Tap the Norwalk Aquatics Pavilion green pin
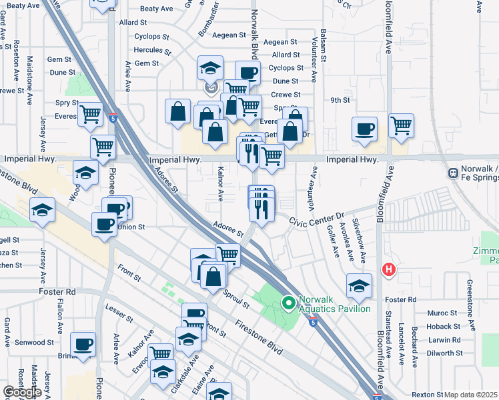288,304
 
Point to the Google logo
21,392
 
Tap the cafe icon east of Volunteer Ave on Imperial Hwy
364,129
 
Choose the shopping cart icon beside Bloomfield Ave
401,125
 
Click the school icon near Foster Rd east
359,286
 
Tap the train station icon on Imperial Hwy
454,172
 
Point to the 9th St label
340,100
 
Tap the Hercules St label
153,50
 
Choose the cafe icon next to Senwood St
83,345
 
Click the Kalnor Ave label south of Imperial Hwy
220,186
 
